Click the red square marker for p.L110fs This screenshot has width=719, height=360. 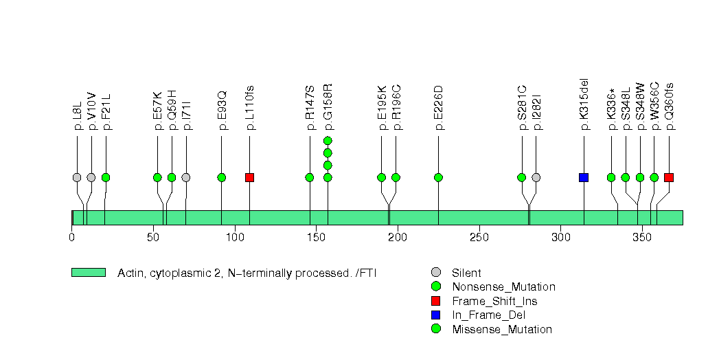(x=249, y=177)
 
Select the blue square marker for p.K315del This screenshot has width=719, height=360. (x=584, y=177)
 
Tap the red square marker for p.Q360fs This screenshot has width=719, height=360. (x=669, y=177)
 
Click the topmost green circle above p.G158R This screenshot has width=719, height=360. (x=328, y=141)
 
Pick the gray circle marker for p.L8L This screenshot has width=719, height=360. (x=77, y=177)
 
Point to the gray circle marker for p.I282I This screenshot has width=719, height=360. (x=536, y=177)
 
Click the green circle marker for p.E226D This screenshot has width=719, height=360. (x=438, y=177)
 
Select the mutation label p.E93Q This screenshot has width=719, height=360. (x=222, y=111)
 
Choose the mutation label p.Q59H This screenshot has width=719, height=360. (x=172, y=110)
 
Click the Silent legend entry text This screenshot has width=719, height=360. (x=466, y=273)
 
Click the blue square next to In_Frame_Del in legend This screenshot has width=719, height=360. (x=435, y=315)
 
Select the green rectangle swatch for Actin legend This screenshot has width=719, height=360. (x=88, y=273)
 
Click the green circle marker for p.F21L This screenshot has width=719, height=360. (x=106, y=177)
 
